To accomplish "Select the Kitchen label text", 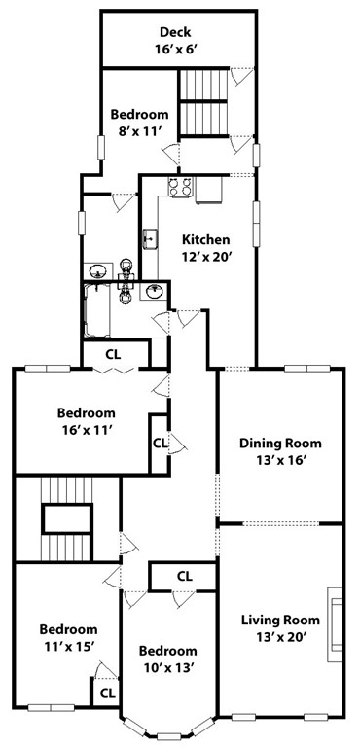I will [206, 239].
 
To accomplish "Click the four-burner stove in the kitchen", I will [180, 187].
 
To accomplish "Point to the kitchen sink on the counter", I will [151, 236].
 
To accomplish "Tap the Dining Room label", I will [280, 444].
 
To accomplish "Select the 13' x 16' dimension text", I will [280, 461].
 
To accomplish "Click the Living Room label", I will [280, 620].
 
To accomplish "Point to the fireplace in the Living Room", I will [335, 620].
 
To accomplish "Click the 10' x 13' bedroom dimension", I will [167, 668].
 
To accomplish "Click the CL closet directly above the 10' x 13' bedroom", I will [184, 576].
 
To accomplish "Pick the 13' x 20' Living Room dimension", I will [280, 637].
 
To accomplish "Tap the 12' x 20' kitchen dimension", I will [206, 257].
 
